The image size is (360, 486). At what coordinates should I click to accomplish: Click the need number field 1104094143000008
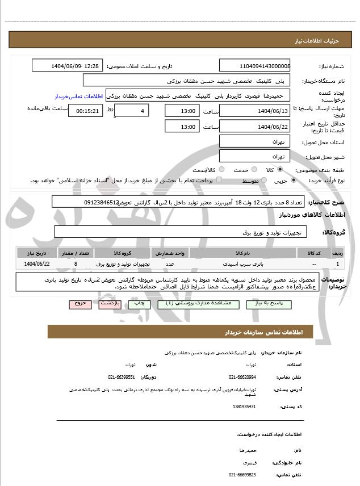click(255, 66)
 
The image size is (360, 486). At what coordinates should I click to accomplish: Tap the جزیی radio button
click(293, 181)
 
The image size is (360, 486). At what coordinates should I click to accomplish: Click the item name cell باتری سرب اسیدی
click(235, 264)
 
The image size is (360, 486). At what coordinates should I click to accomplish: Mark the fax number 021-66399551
click(122, 376)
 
